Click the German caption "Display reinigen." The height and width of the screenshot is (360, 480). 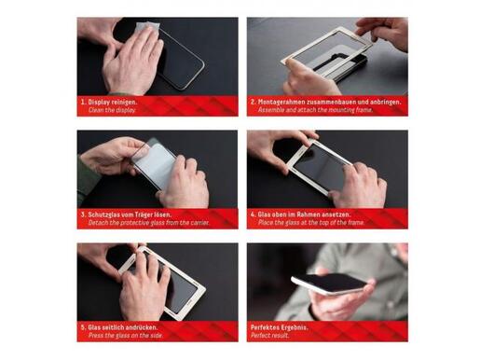(x=113, y=102)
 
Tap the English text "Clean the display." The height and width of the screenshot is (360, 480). (x=112, y=110)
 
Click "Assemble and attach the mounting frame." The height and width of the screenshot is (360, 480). (x=315, y=110)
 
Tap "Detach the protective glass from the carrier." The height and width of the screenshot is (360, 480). (x=149, y=223)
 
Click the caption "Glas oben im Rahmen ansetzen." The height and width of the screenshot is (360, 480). (x=304, y=215)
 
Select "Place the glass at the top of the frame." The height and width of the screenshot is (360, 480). (x=311, y=223)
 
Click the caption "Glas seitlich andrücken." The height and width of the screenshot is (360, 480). (x=123, y=327)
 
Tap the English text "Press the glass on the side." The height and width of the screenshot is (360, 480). (x=126, y=336)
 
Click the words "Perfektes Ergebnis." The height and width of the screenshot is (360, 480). (x=280, y=327)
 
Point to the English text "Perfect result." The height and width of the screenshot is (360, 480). (x=270, y=336)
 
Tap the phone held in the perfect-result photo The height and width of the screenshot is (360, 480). (x=329, y=284)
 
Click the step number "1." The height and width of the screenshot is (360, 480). (x=83, y=102)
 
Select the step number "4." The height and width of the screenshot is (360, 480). (x=254, y=215)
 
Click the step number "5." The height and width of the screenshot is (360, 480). (x=83, y=327)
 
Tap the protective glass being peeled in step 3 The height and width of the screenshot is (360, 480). (x=155, y=164)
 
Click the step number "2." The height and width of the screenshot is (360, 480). (x=254, y=102)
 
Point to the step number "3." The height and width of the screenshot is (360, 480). (x=83, y=215)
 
